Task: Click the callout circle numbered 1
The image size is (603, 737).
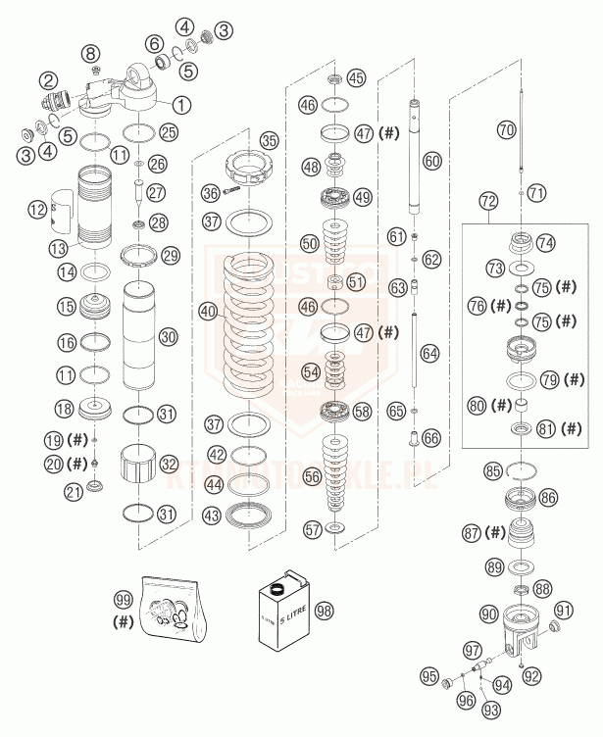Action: tap(181, 101)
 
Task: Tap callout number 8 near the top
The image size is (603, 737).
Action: tap(91, 52)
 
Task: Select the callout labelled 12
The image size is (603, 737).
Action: tap(37, 209)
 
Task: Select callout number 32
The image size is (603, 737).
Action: tap(169, 462)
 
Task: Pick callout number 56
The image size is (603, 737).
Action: tap(312, 475)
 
